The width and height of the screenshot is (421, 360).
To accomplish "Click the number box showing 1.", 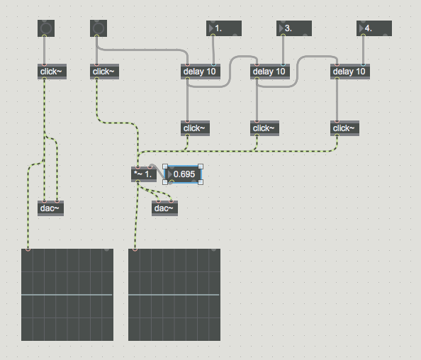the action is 224,28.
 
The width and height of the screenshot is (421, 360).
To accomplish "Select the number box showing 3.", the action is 294,28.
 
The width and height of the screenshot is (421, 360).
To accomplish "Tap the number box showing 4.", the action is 374,28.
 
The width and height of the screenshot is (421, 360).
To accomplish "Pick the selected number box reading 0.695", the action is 183,174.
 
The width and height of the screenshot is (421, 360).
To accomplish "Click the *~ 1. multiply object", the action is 144,174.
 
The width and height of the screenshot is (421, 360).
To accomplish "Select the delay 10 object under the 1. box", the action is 201,72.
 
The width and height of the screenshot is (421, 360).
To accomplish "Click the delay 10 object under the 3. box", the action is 270,72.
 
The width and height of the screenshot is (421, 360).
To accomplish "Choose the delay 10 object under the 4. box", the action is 350,72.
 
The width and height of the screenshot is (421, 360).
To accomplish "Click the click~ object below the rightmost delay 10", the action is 344,128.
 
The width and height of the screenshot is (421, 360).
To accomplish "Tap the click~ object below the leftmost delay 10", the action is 195,128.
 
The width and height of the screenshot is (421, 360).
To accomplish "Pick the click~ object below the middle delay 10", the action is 264,128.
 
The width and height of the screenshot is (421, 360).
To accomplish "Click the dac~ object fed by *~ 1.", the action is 164,208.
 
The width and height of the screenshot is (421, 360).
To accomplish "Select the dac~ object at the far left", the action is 50,208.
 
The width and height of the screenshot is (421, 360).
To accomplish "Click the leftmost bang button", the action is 46,28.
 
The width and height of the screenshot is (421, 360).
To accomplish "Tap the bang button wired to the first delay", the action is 99,28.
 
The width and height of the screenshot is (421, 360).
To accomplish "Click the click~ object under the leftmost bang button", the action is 52,72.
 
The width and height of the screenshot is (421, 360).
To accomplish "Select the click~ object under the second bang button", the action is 104,72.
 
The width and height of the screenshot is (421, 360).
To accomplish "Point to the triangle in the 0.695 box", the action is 169,174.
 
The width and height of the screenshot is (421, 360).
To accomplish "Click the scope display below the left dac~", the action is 67,295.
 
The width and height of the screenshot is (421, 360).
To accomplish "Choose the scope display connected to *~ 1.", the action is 174,295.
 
